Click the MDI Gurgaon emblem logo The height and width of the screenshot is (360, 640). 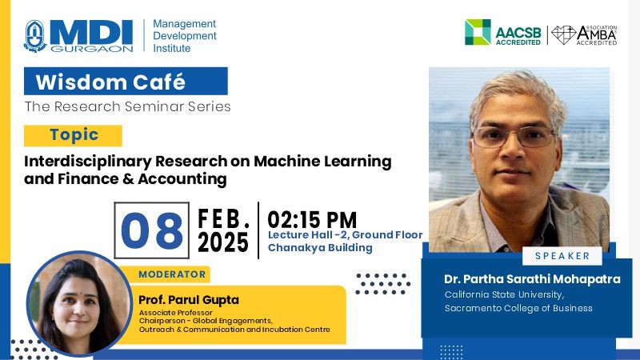(x=35, y=36)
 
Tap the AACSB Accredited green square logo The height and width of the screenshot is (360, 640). (x=478, y=32)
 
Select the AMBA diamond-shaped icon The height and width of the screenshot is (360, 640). (x=564, y=34)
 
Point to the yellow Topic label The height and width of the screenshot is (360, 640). (x=74, y=135)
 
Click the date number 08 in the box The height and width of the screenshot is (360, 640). (x=151, y=230)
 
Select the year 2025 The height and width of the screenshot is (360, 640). (x=223, y=242)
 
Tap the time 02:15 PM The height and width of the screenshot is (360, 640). (x=312, y=220)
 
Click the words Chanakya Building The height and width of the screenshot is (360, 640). (x=320, y=248)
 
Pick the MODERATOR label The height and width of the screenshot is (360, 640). (x=172, y=274)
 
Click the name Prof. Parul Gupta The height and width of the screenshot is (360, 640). (x=189, y=300)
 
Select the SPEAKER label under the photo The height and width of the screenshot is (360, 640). (x=562, y=256)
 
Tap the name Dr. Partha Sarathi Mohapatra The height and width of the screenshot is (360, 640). (x=532, y=279)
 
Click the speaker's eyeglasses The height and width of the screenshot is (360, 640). (x=514, y=137)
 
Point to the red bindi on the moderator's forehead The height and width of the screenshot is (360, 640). (x=79, y=294)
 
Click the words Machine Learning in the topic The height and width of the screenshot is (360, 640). (x=322, y=162)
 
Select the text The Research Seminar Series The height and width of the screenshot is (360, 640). (x=127, y=106)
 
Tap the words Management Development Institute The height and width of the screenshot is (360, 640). (x=185, y=36)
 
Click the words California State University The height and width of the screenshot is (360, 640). (x=505, y=294)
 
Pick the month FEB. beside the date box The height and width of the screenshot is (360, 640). (x=224, y=218)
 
